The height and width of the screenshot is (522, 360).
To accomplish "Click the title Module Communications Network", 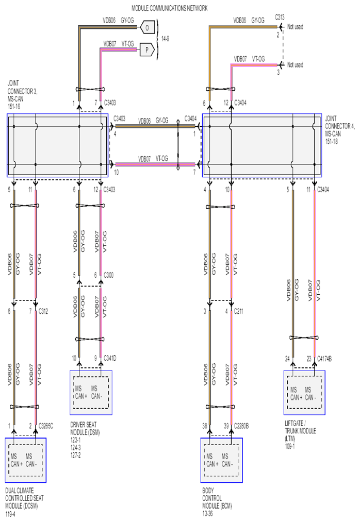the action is coord(169,8).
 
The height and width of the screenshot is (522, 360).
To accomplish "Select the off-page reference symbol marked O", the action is coord(147,28).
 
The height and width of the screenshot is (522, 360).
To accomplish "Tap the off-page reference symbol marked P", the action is coord(147,50).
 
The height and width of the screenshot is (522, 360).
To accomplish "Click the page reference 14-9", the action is coord(165,39).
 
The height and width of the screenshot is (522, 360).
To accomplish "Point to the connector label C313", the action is coord(280,18).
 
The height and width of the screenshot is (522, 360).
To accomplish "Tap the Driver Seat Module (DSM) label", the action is coord(85,440).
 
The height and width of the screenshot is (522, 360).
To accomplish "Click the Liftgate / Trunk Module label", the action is coord(300,435).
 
